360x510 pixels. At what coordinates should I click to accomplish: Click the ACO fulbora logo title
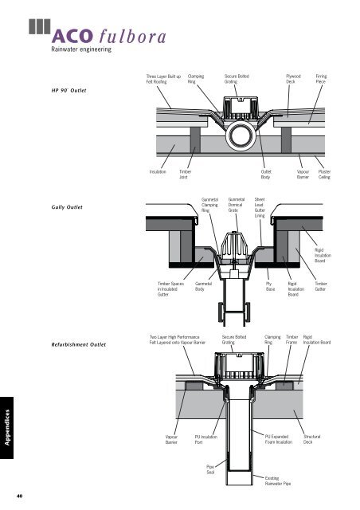click(x=108, y=36)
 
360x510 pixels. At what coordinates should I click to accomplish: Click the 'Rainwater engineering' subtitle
click(x=81, y=49)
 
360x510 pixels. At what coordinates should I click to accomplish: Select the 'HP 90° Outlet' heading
click(x=69, y=90)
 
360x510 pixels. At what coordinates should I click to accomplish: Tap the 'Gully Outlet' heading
click(x=67, y=207)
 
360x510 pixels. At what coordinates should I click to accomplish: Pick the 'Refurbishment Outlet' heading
click(x=79, y=344)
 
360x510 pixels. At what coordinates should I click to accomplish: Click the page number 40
click(x=20, y=496)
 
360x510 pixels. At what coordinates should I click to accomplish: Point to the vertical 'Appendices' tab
click(x=7, y=427)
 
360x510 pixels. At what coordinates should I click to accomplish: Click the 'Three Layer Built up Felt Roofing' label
click(x=163, y=79)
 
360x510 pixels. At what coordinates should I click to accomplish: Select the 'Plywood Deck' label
click(x=293, y=79)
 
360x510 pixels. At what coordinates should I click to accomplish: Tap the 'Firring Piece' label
click(x=321, y=79)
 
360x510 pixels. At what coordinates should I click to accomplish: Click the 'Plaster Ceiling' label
click(x=324, y=175)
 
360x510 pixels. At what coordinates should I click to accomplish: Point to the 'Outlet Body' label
click(x=266, y=175)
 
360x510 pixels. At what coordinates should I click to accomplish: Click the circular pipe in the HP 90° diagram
click(x=241, y=136)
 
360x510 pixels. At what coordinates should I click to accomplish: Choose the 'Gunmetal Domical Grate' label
click(x=236, y=205)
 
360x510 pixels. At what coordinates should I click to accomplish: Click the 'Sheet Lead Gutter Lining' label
click(x=260, y=207)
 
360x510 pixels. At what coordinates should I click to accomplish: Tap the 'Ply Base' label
click(x=270, y=286)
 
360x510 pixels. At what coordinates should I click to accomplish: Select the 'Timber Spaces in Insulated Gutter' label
click(x=170, y=289)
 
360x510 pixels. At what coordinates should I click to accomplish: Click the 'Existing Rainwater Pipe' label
click(x=278, y=481)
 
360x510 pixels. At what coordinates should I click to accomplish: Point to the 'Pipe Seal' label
click(x=210, y=469)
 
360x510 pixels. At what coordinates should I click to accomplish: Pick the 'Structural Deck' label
click(x=312, y=439)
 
